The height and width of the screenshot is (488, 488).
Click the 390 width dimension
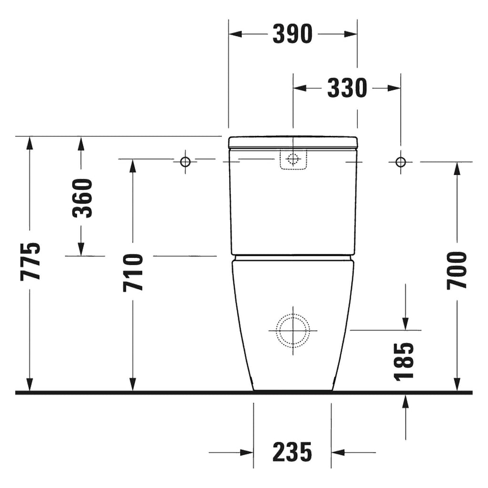pos(292,34)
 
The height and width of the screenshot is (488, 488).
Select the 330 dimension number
pos(347,88)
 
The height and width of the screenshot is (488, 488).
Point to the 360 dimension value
pos(82,198)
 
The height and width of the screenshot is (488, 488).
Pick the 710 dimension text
pos(133,273)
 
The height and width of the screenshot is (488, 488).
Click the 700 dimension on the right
pos(457,271)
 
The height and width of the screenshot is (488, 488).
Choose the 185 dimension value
pos(404,362)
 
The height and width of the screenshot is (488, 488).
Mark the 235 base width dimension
pos(292,452)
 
